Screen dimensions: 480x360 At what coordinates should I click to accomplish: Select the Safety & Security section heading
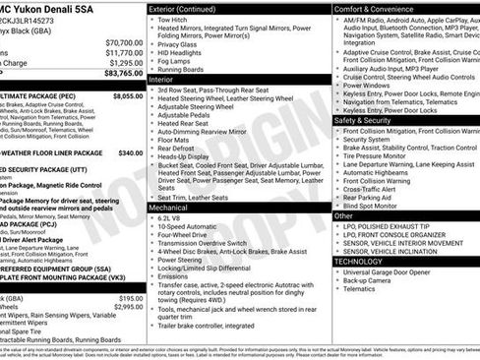362,120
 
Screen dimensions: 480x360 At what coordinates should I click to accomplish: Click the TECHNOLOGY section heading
358,261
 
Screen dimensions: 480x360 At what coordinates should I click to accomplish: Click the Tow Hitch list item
175,19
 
